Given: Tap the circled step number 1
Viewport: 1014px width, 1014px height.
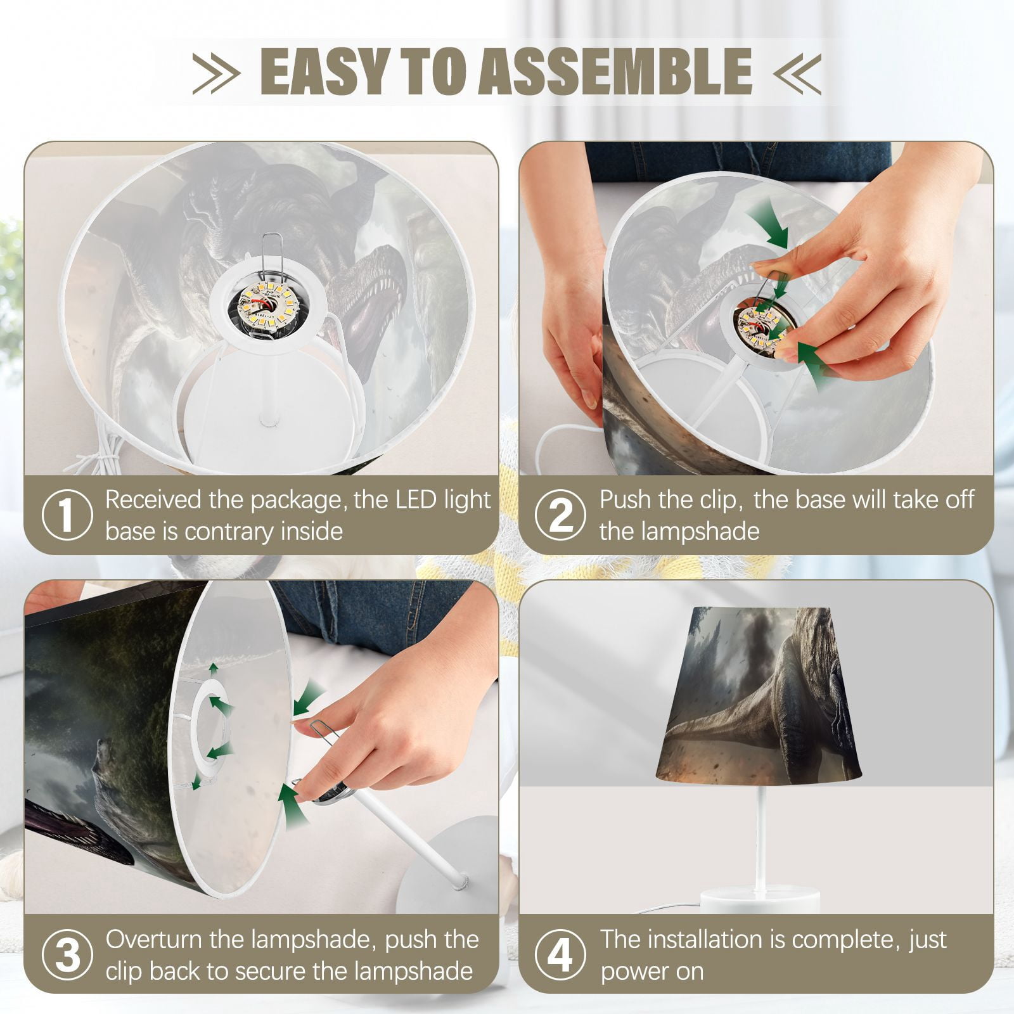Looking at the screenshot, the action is pos(67,515).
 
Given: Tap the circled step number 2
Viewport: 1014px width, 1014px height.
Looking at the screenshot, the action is pos(560,515).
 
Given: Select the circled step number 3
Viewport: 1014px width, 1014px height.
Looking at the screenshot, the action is pos(67,955).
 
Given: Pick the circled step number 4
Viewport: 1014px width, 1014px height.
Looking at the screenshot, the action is pos(560,955).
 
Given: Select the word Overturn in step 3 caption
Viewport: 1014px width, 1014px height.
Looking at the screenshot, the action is pos(154,939).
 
